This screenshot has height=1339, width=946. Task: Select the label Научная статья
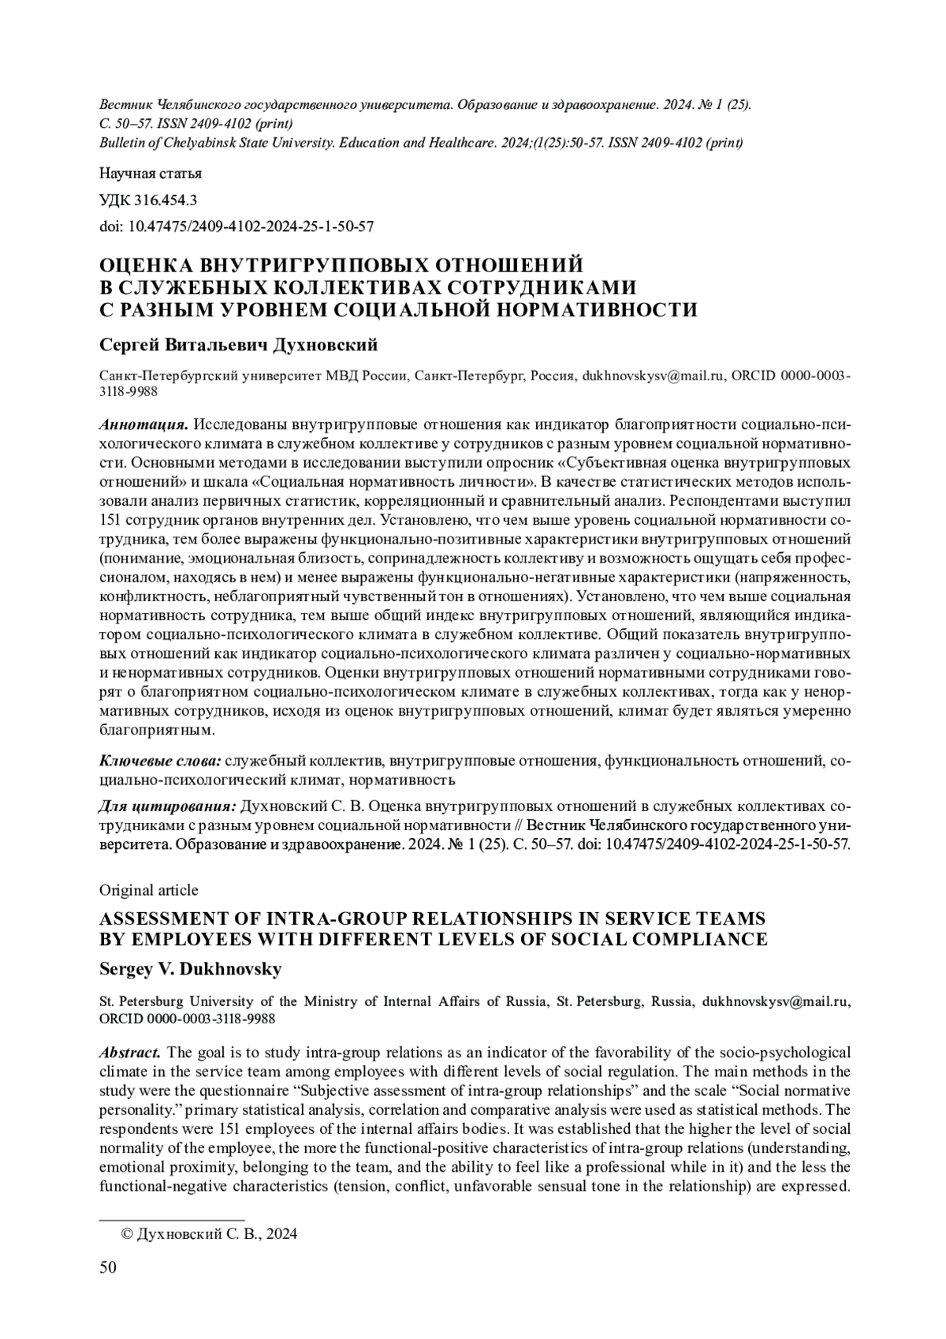151,174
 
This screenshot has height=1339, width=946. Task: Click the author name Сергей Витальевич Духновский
239,345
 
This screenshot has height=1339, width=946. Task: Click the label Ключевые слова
160,761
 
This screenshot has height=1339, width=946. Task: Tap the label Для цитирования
167,807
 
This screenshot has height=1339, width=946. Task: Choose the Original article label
148,890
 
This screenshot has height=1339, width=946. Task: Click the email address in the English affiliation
776,1002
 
